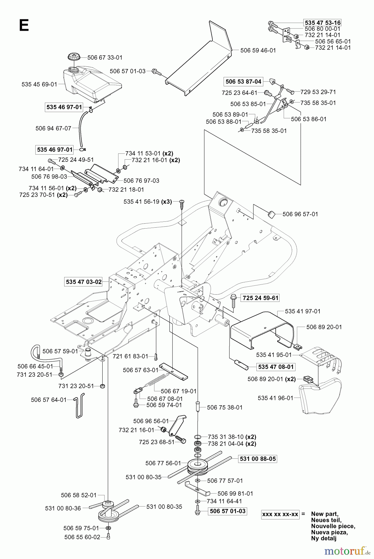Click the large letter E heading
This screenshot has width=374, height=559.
[x=24, y=25]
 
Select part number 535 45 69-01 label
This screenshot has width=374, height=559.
[x=39, y=84]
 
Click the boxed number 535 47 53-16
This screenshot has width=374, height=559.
[x=323, y=23]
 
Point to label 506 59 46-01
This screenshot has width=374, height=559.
[x=258, y=50]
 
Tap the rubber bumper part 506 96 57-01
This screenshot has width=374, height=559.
[x=271, y=214]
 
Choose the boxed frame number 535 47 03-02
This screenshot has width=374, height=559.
[x=83, y=282]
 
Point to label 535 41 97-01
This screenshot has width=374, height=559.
[x=303, y=311]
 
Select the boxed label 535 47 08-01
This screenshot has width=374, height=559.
[x=276, y=367]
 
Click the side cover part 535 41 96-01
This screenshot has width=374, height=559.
[x=319, y=396]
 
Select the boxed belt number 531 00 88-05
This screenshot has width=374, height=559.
[x=258, y=459]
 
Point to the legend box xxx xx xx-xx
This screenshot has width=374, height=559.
[x=280, y=514]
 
